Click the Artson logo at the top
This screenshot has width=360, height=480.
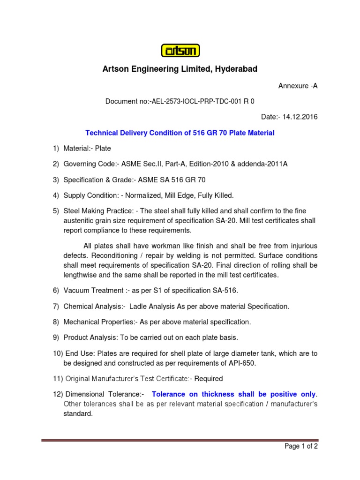tap(180, 50)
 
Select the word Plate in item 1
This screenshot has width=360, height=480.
tap(103, 149)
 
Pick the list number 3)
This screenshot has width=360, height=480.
tap(56, 180)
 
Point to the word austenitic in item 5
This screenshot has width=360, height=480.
tap(79, 220)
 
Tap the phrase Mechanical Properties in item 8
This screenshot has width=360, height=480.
tap(98, 322)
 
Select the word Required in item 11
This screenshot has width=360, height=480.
tap(209, 378)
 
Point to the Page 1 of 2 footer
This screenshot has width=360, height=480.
tap(301, 447)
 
